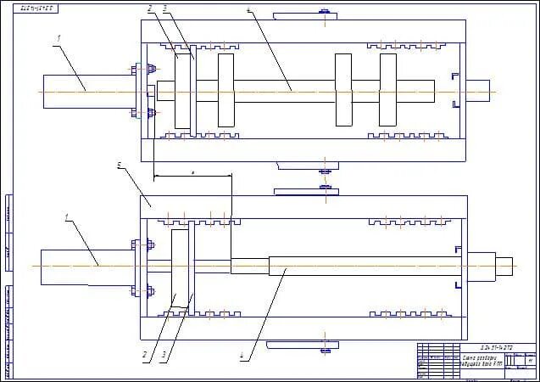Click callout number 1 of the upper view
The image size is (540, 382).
(x=58, y=39)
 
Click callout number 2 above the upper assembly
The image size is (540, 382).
(x=149, y=8)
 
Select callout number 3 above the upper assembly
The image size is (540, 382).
(x=164, y=8)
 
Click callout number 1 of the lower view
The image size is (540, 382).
(x=67, y=217)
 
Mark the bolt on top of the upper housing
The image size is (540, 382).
(x=324, y=12)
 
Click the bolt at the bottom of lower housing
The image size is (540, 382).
(x=324, y=346)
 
